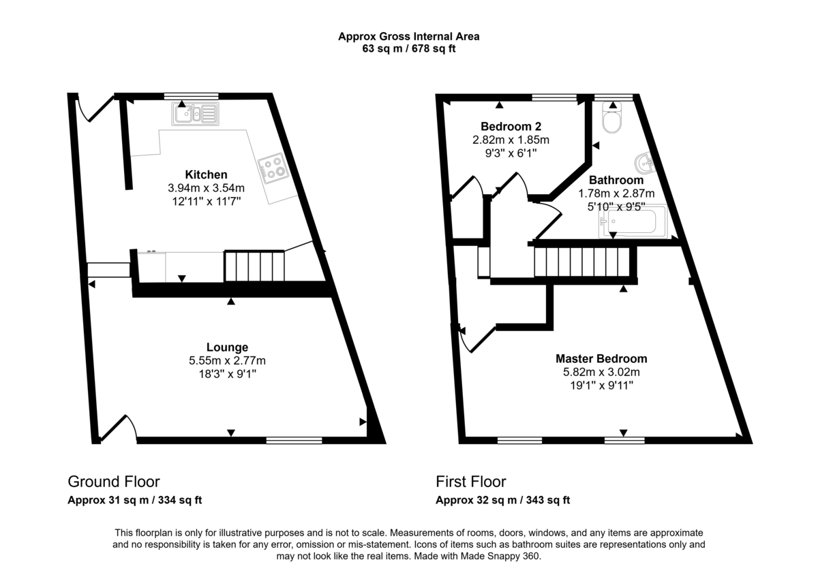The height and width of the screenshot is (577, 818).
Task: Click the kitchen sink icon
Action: [x=195, y=114]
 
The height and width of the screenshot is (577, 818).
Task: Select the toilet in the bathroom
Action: [x=611, y=120]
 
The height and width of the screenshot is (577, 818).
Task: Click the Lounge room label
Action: [x=227, y=347]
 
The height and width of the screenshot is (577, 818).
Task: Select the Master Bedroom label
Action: [x=601, y=358]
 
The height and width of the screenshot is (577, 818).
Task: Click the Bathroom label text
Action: [x=616, y=181]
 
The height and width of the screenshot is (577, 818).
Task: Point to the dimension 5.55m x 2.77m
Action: [x=228, y=360]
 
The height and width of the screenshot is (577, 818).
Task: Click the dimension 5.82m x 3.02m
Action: [x=601, y=372]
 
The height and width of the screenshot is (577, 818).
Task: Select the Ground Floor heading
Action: [x=114, y=482]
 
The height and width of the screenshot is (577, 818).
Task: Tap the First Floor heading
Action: [x=471, y=482]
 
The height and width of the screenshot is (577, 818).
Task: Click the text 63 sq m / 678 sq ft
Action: [x=409, y=49]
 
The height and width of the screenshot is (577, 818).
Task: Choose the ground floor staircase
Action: [x=254, y=266]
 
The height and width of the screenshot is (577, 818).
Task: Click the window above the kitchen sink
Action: [x=191, y=96]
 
